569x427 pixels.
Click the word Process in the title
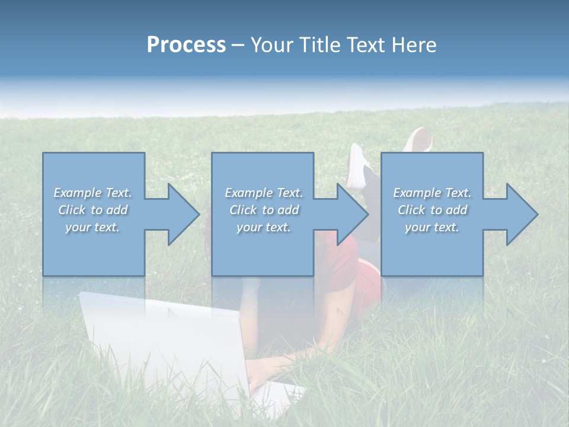186,45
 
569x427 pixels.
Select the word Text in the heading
366,45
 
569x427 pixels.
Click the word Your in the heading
271,45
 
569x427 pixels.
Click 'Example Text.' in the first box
92,193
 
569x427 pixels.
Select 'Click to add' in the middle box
264,210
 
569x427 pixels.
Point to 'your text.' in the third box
432,227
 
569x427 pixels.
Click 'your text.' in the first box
92,227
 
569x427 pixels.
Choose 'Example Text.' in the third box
432,193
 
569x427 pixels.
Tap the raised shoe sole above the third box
420,140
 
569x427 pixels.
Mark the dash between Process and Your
238,46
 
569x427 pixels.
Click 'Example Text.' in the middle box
264,193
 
